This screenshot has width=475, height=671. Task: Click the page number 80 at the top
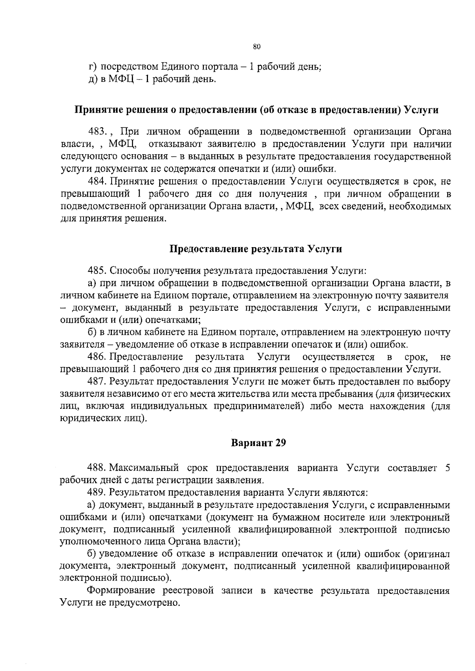tap(256, 47)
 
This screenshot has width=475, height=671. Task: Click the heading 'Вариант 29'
tap(258, 443)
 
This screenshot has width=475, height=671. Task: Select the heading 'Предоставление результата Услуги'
tap(256, 249)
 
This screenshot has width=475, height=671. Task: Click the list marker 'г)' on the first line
tap(92, 66)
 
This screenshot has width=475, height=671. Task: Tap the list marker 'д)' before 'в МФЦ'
tap(92, 79)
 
